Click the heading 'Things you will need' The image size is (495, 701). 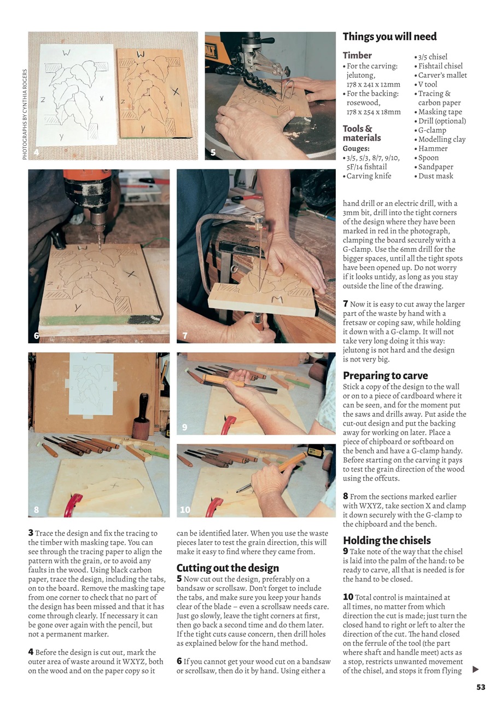(x=389, y=37)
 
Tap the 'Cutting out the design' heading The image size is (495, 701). (x=228, y=568)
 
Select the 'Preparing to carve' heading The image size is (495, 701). (x=385, y=376)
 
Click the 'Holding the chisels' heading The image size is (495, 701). (x=387, y=541)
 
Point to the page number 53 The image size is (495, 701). (x=480, y=687)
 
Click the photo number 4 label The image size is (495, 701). (x=37, y=152)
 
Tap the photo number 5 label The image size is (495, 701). (x=213, y=152)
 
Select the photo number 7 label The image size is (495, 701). (x=185, y=335)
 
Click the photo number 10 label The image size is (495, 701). (x=185, y=510)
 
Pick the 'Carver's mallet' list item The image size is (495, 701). (x=442, y=75)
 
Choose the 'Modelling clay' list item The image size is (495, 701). (x=442, y=139)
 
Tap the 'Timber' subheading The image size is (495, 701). (x=357, y=55)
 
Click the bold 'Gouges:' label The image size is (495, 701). (x=356, y=148)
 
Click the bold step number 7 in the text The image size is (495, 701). (x=346, y=303)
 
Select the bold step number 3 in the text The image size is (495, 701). (x=30, y=533)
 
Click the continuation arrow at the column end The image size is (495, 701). (x=475, y=669)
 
